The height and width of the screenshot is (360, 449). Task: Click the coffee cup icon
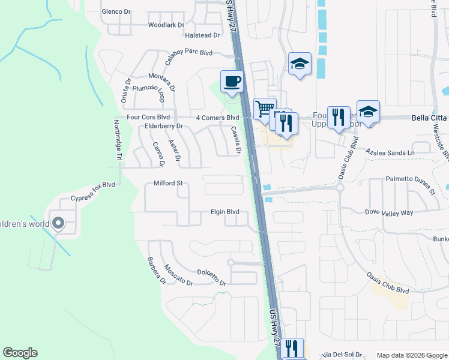tap(232, 81)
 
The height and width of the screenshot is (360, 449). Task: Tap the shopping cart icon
tap(264, 109)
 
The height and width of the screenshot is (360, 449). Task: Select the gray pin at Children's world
tap(58, 224)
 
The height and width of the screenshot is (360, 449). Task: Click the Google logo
tap(20, 353)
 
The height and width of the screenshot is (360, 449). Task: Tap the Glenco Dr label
tap(116, 11)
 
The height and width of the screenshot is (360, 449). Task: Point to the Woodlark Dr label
tap(166, 25)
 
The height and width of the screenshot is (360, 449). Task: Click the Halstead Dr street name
tap(202, 35)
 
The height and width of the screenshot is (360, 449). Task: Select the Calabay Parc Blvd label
tap(188, 56)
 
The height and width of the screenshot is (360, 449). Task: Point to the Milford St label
tap(167, 183)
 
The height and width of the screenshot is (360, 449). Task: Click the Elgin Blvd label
tap(224, 212)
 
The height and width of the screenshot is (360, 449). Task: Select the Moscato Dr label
tap(177, 275)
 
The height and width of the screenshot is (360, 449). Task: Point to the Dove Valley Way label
tap(390, 212)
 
